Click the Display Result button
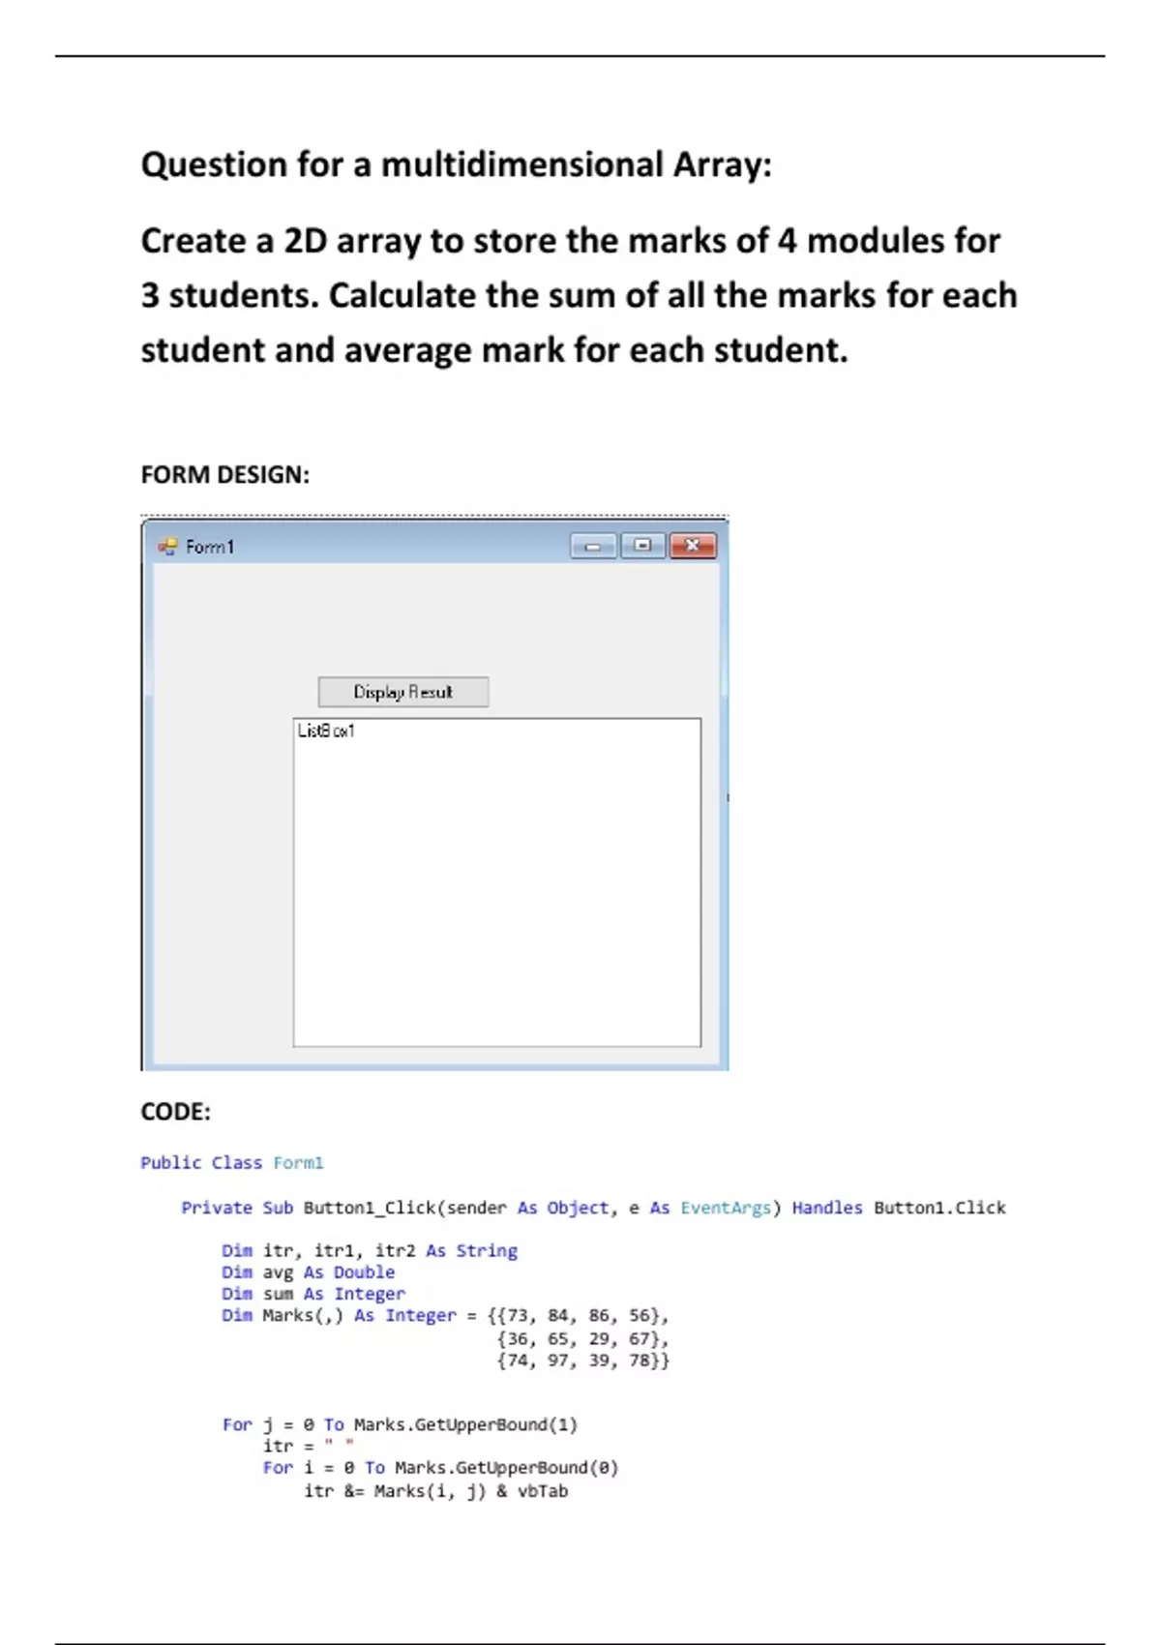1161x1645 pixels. [402, 692]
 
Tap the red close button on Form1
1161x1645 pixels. [693, 546]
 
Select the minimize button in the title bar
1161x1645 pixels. [593, 547]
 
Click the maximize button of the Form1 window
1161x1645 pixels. [642, 546]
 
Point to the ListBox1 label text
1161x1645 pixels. [326, 731]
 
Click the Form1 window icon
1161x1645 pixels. [167, 547]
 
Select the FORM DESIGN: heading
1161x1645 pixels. [224, 474]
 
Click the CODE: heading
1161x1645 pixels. [175, 1111]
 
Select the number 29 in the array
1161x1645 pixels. [600, 1338]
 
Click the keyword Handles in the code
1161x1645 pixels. [826, 1208]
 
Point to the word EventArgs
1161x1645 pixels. [725, 1208]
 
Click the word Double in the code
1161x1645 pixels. [364, 1271]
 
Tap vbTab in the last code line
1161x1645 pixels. [543, 1491]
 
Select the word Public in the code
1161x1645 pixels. [170, 1162]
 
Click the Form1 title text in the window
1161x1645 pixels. [210, 547]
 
